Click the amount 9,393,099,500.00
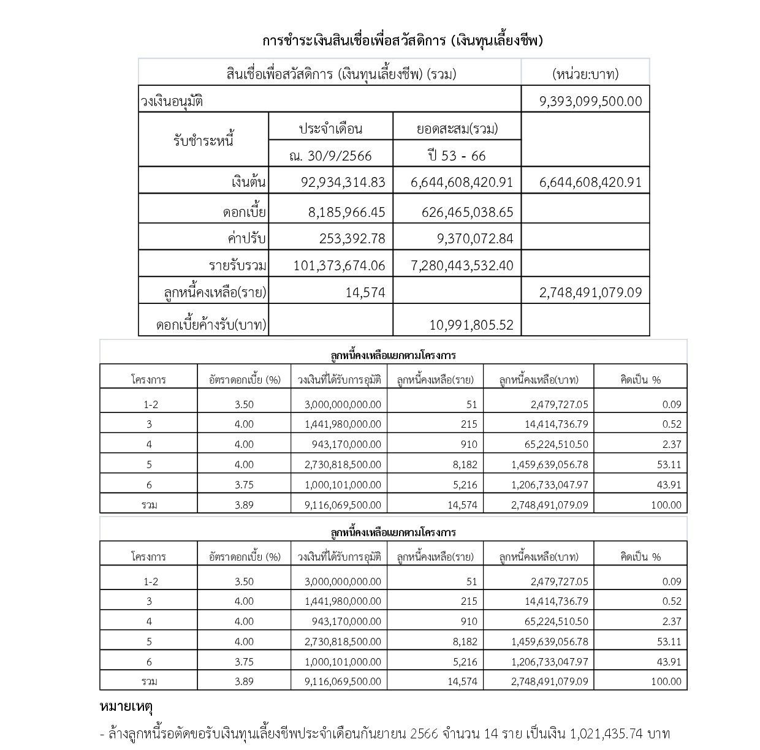tap(590, 101)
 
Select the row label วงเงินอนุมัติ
tap(172, 101)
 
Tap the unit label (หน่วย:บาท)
tap(585, 74)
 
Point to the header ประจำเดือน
tap(330, 129)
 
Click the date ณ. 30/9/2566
tap(330, 156)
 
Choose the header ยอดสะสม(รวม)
tap(457, 129)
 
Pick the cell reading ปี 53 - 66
tap(457, 156)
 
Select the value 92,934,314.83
tap(343, 182)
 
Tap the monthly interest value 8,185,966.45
tap(346, 212)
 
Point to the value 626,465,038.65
tap(468, 212)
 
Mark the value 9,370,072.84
tap(475, 238)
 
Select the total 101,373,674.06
tap(339, 265)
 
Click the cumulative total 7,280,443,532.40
tap(461, 265)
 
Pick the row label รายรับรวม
tap(237, 265)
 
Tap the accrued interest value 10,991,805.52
tap(471, 325)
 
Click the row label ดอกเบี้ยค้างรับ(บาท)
tap(211, 325)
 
